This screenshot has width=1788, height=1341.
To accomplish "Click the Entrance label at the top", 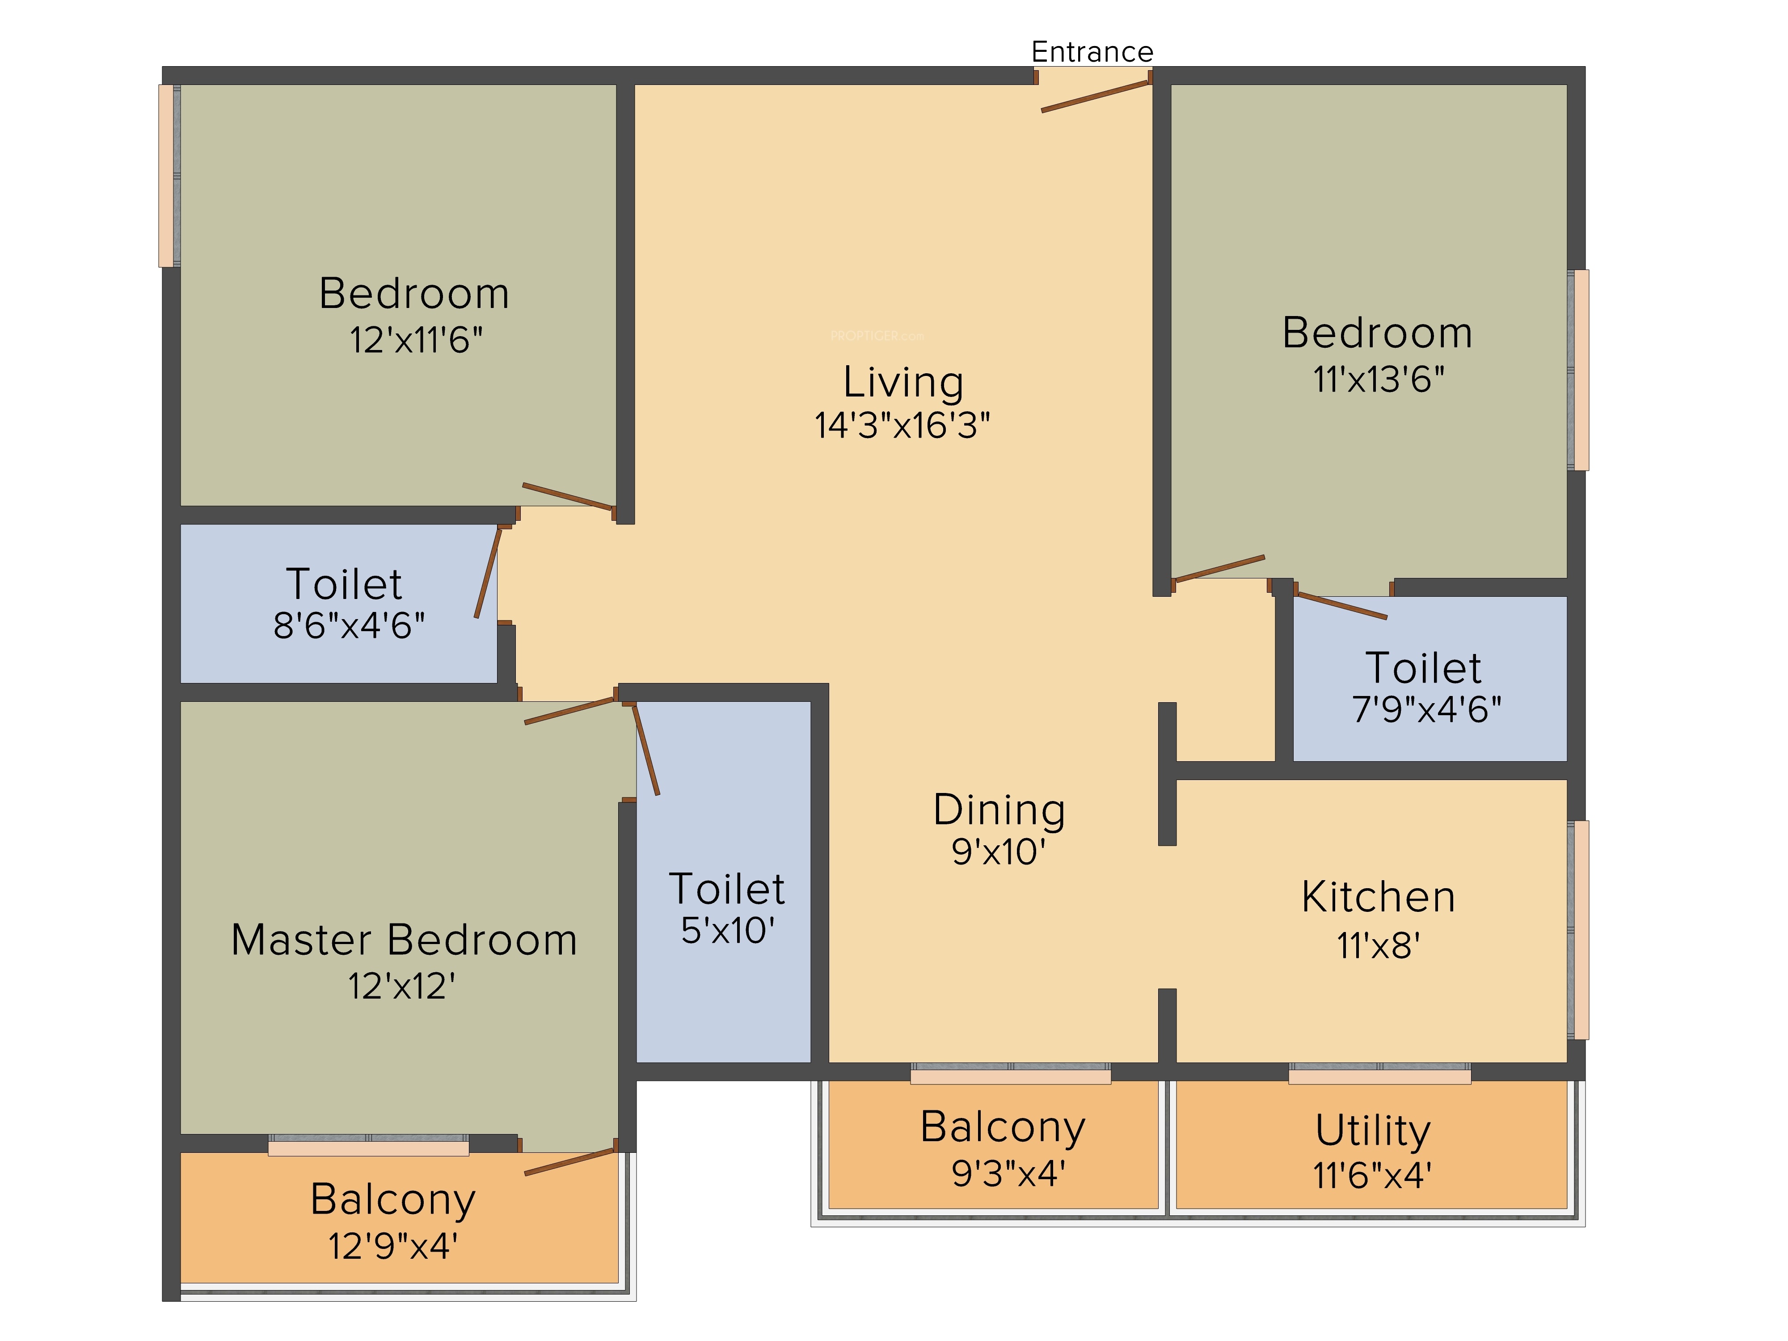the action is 1092,52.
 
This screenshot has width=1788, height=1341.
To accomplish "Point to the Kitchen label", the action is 1378,897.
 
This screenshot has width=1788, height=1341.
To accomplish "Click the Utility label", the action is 1373,1131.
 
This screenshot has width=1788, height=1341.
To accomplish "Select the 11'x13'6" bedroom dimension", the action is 1378,379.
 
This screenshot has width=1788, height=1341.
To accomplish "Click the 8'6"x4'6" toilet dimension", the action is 348,626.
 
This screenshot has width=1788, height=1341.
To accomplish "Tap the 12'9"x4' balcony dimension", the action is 393,1246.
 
